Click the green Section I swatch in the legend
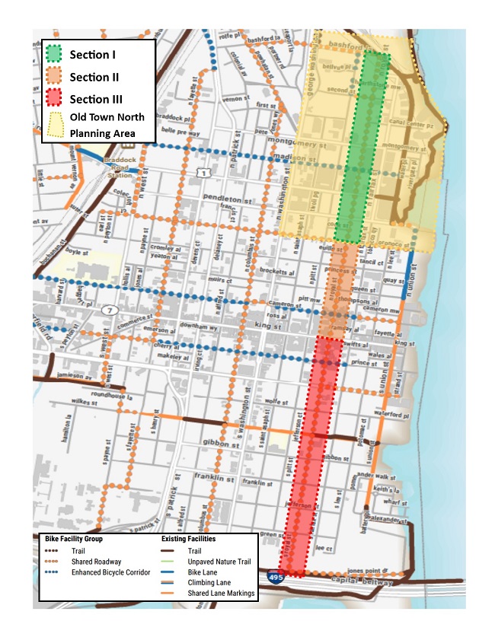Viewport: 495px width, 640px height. point(54,54)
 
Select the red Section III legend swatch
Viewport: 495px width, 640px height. point(54,98)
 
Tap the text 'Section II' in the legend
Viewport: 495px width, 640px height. point(94,77)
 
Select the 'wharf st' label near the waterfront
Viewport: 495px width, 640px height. point(391,501)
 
